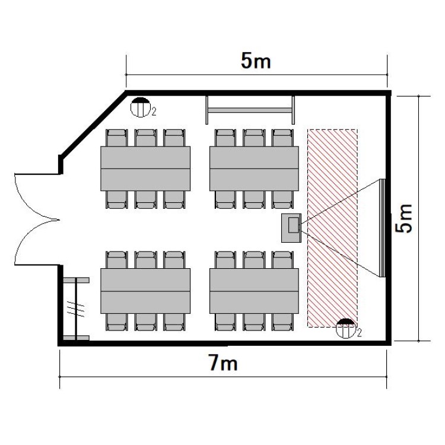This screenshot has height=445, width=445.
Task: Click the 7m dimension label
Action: pos(223,363)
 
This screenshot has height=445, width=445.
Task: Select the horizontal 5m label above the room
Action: pos(256,61)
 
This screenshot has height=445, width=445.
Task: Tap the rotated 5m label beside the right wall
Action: pos(404,219)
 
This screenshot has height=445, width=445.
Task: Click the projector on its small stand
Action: pos(291,228)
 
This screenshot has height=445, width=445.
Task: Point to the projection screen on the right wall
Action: pos(382,228)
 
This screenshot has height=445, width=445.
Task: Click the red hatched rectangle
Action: pos(332,228)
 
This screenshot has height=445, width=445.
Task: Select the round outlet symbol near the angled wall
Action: pos(140,107)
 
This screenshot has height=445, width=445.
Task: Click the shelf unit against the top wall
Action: pos(250,110)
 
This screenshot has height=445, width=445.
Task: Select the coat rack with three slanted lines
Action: pos(76,309)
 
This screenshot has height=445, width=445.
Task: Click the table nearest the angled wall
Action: pos(145,169)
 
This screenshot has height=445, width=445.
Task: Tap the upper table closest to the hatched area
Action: pos(254,169)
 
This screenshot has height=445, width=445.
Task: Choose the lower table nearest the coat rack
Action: pos(145,291)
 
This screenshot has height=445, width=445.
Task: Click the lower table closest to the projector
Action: pos(254,291)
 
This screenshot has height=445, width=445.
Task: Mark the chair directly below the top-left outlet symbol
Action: pos(145,138)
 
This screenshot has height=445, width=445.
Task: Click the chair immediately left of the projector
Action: pos(282,200)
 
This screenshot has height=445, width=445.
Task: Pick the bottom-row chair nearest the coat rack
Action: pos(117,322)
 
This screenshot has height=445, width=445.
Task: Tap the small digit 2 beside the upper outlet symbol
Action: pos(154,112)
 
